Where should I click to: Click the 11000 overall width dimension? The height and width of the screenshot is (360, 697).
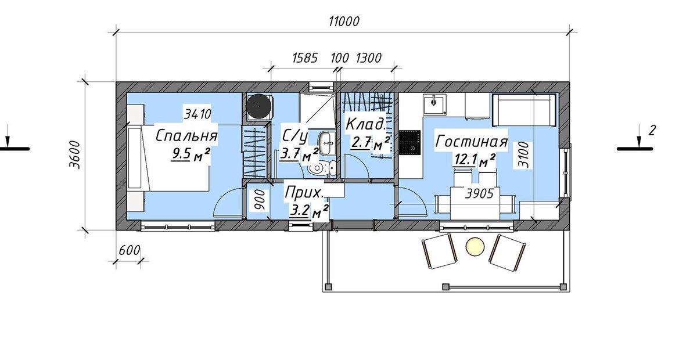click(x=344, y=21)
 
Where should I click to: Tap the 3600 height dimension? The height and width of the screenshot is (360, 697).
click(x=75, y=154)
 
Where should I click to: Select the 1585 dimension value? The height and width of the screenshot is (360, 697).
click(x=305, y=58)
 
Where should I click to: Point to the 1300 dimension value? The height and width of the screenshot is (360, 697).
click(x=368, y=58)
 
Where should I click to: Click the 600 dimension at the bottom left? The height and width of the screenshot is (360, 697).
click(x=130, y=250)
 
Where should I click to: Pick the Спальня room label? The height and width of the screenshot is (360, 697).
click(x=186, y=136)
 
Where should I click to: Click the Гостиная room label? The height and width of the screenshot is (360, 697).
click(x=472, y=141)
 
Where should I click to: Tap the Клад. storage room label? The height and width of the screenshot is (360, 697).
click(x=365, y=124)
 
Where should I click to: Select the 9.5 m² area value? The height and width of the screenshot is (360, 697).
click(x=190, y=154)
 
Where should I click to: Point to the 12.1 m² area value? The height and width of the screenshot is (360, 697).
click(x=475, y=160)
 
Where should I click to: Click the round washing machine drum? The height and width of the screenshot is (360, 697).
click(x=258, y=106)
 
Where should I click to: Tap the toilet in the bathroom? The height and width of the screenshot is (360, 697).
click(x=322, y=168)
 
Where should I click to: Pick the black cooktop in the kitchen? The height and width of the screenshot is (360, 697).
click(x=410, y=142)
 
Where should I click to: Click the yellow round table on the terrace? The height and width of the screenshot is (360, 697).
click(x=475, y=247)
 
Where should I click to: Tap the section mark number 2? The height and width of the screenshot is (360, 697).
click(x=652, y=130)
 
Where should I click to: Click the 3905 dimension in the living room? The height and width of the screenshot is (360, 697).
click(x=479, y=194)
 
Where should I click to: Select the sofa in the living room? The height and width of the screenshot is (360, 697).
click(x=524, y=110)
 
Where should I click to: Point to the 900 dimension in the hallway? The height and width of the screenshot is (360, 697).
click(x=259, y=201)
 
